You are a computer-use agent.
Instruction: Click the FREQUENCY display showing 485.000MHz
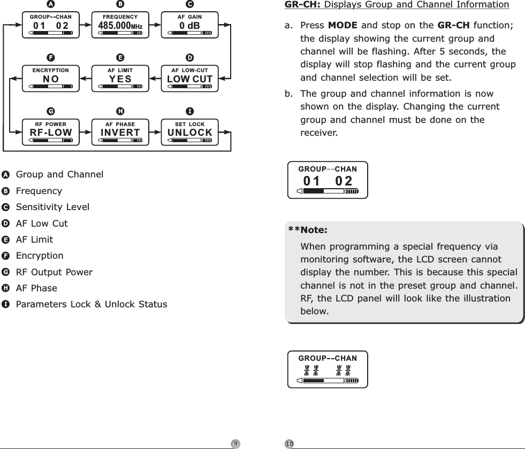pyautogui.click(x=120, y=25)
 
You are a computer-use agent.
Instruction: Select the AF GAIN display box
pyautogui.click(x=189, y=25)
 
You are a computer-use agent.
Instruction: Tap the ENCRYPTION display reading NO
pyautogui.click(x=51, y=78)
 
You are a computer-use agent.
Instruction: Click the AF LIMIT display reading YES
pyautogui.click(x=120, y=78)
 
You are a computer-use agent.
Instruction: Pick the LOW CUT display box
pyautogui.click(x=189, y=78)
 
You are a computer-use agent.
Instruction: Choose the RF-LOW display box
pyautogui.click(x=51, y=133)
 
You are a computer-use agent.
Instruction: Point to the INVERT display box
pyautogui.click(x=120, y=133)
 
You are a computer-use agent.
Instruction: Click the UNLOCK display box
pyautogui.click(x=189, y=133)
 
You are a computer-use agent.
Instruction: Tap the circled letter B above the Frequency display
pyautogui.click(x=120, y=4)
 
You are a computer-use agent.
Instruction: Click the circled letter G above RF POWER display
pyautogui.click(x=51, y=112)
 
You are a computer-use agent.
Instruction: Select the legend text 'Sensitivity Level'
pyautogui.click(x=52, y=207)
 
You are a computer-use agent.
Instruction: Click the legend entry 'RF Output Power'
pyautogui.click(x=54, y=272)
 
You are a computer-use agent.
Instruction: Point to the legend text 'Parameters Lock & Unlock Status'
pyautogui.click(x=92, y=305)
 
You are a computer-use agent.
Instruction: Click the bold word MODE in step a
pyautogui.click(x=339, y=26)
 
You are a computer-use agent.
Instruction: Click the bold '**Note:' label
pyautogui.click(x=308, y=231)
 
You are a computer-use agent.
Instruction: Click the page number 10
pyautogui.click(x=290, y=443)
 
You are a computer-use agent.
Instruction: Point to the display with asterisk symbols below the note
pyautogui.click(x=328, y=368)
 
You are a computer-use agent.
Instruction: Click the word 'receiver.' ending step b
pyautogui.click(x=319, y=132)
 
